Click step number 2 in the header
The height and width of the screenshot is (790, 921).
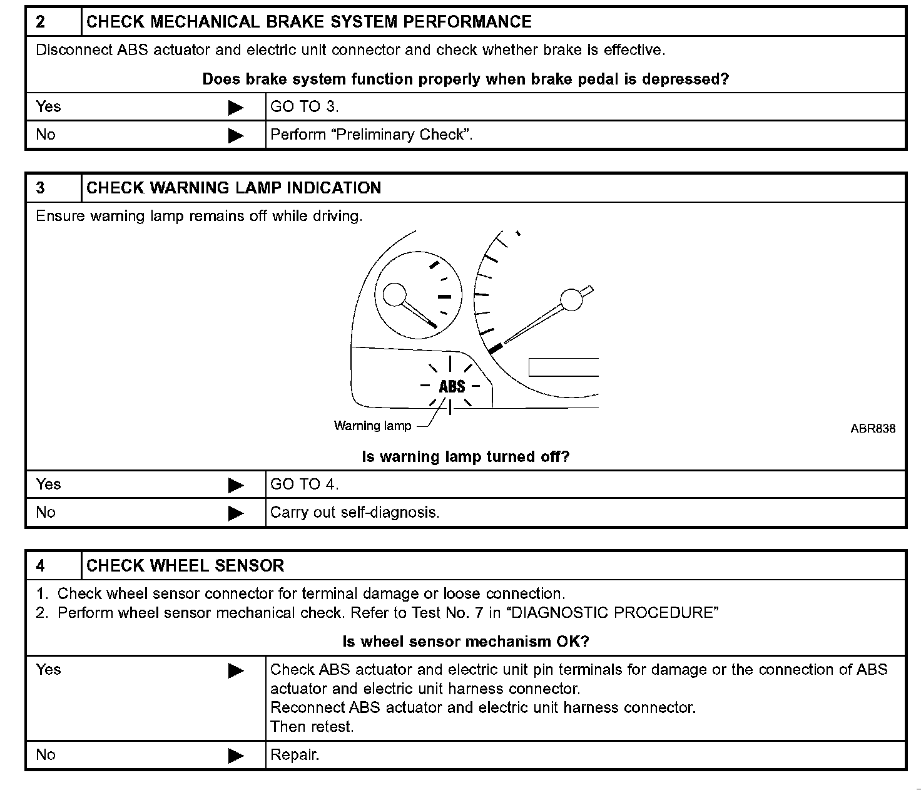click(x=41, y=22)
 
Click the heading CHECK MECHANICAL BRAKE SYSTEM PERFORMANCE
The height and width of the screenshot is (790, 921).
click(x=308, y=22)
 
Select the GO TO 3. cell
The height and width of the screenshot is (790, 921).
click(x=305, y=107)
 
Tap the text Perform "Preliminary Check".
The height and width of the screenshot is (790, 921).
click(x=371, y=135)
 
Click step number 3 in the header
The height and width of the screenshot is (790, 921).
click(x=41, y=188)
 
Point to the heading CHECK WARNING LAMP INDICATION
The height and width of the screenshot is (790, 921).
click(x=233, y=188)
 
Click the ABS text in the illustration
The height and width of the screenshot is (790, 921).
click(x=452, y=386)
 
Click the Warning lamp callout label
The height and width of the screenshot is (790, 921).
click(x=372, y=426)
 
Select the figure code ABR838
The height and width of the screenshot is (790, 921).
click(x=872, y=429)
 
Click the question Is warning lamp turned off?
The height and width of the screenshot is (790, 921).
click(x=466, y=457)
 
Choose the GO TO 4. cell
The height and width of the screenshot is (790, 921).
click(x=305, y=485)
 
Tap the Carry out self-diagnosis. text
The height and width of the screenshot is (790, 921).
click(x=355, y=513)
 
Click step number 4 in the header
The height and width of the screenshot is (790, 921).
click(x=41, y=566)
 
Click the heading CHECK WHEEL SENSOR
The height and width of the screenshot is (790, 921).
click(x=185, y=566)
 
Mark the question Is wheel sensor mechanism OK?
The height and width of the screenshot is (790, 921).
click(x=466, y=642)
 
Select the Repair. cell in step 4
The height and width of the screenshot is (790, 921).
click(x=295, y=755)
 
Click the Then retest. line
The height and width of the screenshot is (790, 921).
click(x=312, y=727)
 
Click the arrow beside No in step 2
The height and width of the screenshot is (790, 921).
click(x=236, y=135)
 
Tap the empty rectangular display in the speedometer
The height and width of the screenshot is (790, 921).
click(x=563, y=367)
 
